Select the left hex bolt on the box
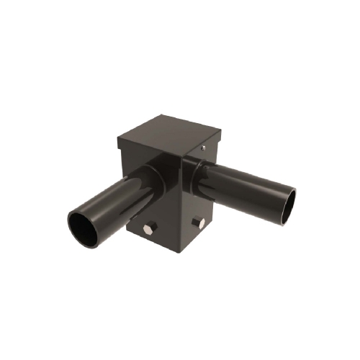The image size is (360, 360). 148,230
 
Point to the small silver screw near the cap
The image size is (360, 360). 204,148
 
